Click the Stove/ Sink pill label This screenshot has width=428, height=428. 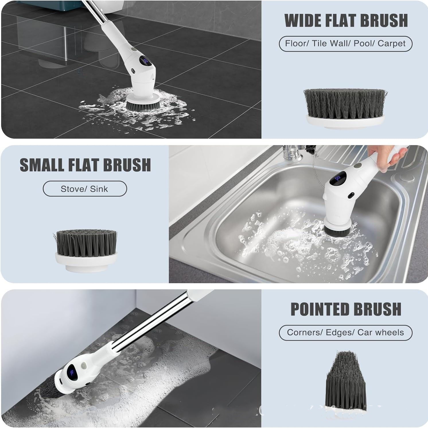(x=85, y=189)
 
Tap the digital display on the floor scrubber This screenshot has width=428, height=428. (x=146, y=61)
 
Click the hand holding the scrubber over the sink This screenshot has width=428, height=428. (x=386, y=158)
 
